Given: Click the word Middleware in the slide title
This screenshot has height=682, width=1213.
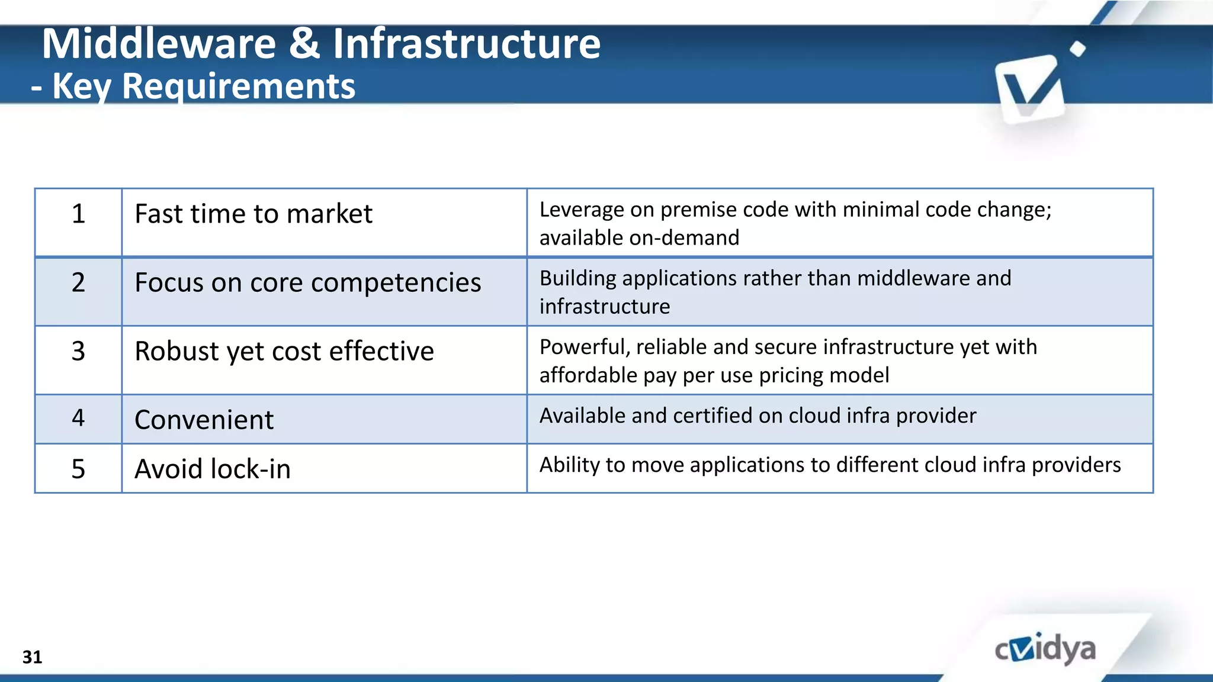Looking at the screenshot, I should coord(159,44).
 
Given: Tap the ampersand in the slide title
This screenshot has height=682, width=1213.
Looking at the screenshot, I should coord(304,44).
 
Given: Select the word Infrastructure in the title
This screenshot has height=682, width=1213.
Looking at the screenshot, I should coord(467,44).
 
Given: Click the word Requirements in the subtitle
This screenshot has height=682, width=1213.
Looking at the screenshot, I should coord(238,86).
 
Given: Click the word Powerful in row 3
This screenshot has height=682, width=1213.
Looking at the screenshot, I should coord(584,348).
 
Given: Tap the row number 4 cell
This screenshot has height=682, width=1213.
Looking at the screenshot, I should coord(78,418).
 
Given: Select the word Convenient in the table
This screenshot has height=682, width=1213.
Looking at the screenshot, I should coord(204,420).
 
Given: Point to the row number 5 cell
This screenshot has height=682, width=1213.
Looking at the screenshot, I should coord(78,469).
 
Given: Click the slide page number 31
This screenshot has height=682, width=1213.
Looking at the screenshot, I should coord(32,657).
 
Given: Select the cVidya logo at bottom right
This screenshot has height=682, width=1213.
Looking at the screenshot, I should coord(1045,649).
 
